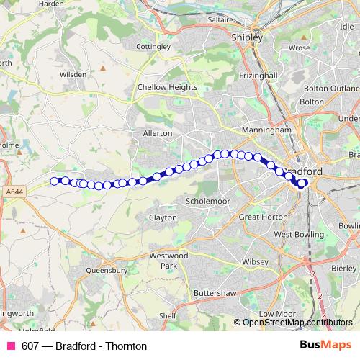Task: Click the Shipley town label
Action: point(247,37)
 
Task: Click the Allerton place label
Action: point(158,133)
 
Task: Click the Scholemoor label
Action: point(207,201)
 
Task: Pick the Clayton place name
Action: point(163,217)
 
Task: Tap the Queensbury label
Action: point(107,271)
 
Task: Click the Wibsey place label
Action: point(254,261)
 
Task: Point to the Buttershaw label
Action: point(215,294)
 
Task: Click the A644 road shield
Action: point(14,191)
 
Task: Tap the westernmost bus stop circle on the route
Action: point(54,181)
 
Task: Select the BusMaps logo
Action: point(325,346)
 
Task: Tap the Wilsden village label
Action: point(73,74)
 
